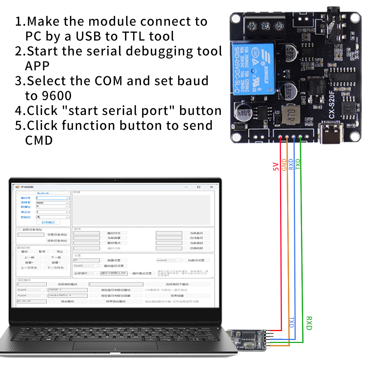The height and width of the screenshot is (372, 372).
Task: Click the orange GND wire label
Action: pos(284,164)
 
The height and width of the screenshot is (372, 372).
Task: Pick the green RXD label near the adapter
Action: pos(309,323)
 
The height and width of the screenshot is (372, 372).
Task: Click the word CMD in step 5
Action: pos(39,140)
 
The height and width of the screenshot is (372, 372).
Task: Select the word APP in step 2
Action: pos(37,66)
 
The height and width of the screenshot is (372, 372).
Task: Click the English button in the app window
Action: pos(43,193)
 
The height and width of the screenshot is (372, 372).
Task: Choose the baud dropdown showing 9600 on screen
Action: pos(52,203)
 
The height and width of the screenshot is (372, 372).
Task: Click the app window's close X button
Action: pos(211,187)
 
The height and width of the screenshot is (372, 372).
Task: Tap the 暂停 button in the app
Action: pos(42,251)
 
